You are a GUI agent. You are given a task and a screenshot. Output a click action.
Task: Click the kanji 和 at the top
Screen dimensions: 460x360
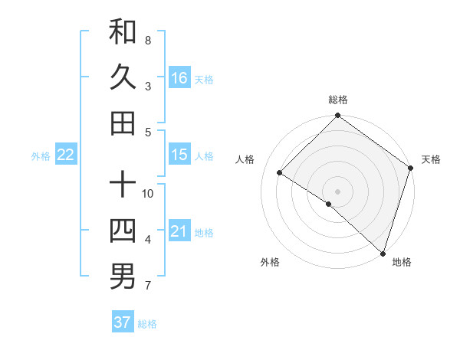point(123,31)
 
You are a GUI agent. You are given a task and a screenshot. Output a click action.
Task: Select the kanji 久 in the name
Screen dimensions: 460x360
point(123,77)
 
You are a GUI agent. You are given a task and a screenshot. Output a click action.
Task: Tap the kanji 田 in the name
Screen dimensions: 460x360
point(123,123)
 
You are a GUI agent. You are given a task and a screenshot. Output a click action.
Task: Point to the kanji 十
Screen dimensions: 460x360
point(123,185)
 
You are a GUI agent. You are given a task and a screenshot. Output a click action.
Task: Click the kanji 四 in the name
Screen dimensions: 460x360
point(123,231)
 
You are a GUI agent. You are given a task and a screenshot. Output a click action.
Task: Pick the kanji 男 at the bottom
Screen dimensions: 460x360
point(123,277)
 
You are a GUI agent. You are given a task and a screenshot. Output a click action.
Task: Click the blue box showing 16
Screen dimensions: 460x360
point(179,78)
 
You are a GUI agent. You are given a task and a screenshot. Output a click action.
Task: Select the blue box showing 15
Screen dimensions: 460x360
point(179,155)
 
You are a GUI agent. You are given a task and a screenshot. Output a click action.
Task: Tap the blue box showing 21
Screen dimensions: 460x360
point(179,231)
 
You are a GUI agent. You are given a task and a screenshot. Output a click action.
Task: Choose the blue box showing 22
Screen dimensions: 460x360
point(66,155)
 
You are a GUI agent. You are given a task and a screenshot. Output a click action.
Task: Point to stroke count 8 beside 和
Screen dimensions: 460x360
point(148,40)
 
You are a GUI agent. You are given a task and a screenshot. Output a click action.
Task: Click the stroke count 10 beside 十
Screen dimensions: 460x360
point(148,193)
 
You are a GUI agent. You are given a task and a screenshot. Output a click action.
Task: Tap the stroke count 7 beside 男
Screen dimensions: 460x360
point(148,286)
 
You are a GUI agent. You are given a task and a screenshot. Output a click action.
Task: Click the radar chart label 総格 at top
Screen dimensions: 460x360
point(338,100)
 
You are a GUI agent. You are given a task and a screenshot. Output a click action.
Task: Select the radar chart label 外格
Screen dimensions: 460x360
point(270,262)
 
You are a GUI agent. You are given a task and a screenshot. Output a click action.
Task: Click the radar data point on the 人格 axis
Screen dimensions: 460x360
point(280,173)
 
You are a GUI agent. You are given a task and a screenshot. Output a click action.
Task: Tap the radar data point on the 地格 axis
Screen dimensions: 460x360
point(383,253)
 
